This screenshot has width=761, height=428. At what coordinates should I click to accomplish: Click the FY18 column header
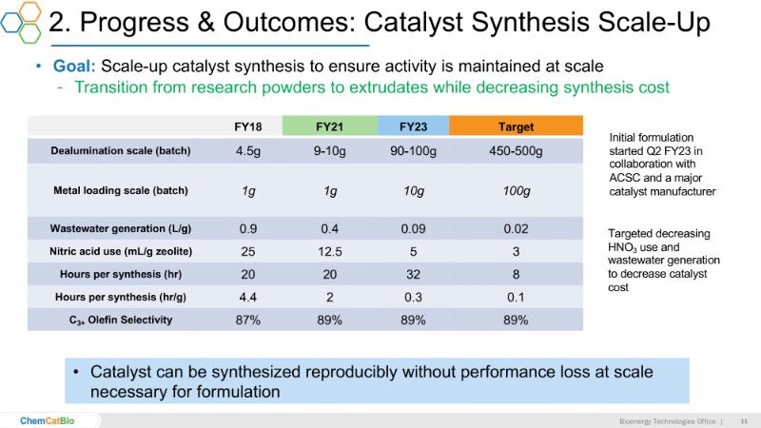[x=248, y=126]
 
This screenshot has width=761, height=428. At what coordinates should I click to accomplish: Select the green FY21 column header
[x=330, y=126]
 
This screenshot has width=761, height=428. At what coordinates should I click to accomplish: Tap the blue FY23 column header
[x=413, y=126]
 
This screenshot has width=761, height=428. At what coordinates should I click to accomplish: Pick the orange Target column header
[x=516, y=126]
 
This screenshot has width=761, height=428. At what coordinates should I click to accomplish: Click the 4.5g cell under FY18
[x=248, y=150]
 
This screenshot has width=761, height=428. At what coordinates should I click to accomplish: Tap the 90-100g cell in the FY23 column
[x=413, y=150]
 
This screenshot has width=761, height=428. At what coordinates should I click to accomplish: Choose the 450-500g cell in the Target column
[x=516, y=150]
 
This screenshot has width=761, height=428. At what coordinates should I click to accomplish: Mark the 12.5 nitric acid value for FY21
[x=330, y=251]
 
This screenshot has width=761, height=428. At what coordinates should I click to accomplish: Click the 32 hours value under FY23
[x=413, y=274]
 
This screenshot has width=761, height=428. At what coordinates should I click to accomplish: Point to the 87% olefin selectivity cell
[x=248, y=320]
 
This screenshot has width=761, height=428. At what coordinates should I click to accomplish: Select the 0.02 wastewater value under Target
[x=516, y=228]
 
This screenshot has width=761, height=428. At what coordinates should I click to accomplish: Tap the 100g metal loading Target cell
[x=516, y=191]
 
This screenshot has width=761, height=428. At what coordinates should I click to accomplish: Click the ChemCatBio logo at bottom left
[x=49, y=419]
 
